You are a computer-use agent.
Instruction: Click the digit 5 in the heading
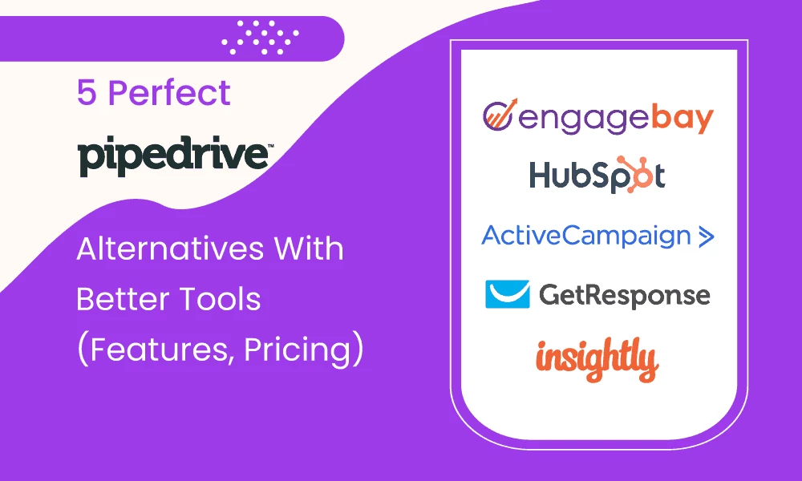tap(86, 94)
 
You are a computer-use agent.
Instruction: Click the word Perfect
tap(169, 94)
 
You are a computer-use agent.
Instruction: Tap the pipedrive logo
tap(172, 156)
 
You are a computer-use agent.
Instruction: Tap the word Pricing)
tap(305, 350)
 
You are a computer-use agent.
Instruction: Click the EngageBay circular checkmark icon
tap(499, 116)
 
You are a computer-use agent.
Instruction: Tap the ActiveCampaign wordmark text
tap(585, 236)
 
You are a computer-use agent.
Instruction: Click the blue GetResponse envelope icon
tap(508, 294)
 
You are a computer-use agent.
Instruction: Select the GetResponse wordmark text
tap(624, 296)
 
